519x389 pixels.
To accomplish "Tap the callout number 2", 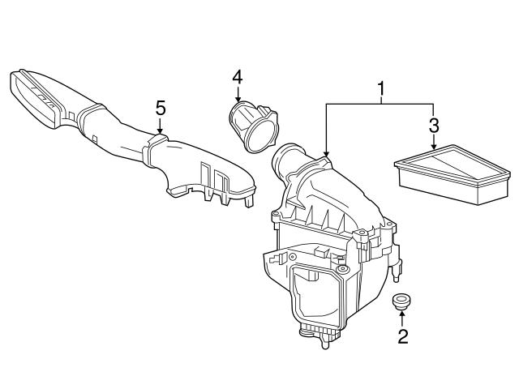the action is click(403, 336).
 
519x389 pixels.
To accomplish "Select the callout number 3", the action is click(434, 126).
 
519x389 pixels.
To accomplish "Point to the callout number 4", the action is click(238, 78).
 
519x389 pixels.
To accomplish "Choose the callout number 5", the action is click(161, 109).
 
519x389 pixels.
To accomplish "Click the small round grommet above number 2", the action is click(401, 301).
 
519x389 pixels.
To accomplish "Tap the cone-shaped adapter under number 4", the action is click(253, 126).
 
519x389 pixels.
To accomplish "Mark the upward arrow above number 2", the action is click(402, 318).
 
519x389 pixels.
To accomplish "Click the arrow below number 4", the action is click(238, 94).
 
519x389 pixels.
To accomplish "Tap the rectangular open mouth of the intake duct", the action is click(34, 99).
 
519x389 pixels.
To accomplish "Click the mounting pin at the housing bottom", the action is click(325, 343).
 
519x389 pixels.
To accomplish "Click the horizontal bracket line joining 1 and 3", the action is click(380, 105).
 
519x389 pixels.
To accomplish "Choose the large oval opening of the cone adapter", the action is click(261, 136).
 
